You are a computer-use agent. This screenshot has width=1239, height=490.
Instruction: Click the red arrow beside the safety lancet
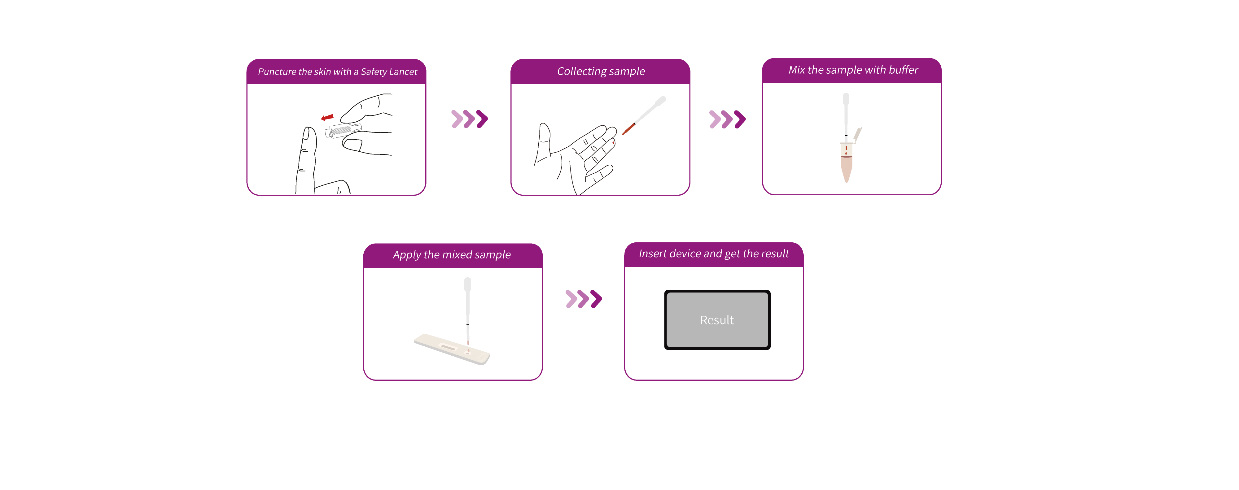click(x=327, y=117)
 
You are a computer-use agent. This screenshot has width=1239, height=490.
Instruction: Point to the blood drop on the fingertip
click(x=613, y=143)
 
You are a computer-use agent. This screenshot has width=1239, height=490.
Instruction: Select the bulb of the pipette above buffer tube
click(x=846, y=99)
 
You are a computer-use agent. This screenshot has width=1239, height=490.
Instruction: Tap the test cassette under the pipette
click(x=452, y=349)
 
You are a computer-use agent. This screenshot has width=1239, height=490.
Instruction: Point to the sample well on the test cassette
click(x=467, y=353)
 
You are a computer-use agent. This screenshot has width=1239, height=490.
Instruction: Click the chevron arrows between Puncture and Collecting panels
click(x=470, y=119)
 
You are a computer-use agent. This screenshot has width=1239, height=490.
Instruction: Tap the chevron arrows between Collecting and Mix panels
click(x=727, y=119)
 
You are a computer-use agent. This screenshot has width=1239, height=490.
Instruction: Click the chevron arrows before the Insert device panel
click(x=584, y=299)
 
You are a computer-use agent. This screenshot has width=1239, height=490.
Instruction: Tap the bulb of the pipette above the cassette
click(x=467, y=284)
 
